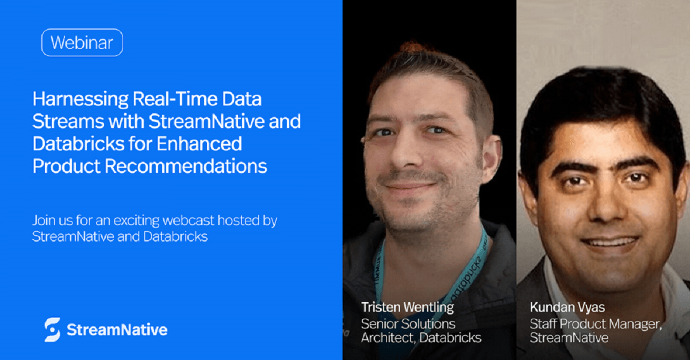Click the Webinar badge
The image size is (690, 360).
pos(82,43)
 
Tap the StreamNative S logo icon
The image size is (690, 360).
pos(52,330)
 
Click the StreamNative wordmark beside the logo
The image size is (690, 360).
pos(117,330)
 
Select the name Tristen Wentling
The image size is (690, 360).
pos(407,307)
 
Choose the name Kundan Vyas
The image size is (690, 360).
pos(568,307)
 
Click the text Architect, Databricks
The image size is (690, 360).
pos(421,338)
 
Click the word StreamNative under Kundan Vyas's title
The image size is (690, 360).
pos(569,338)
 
